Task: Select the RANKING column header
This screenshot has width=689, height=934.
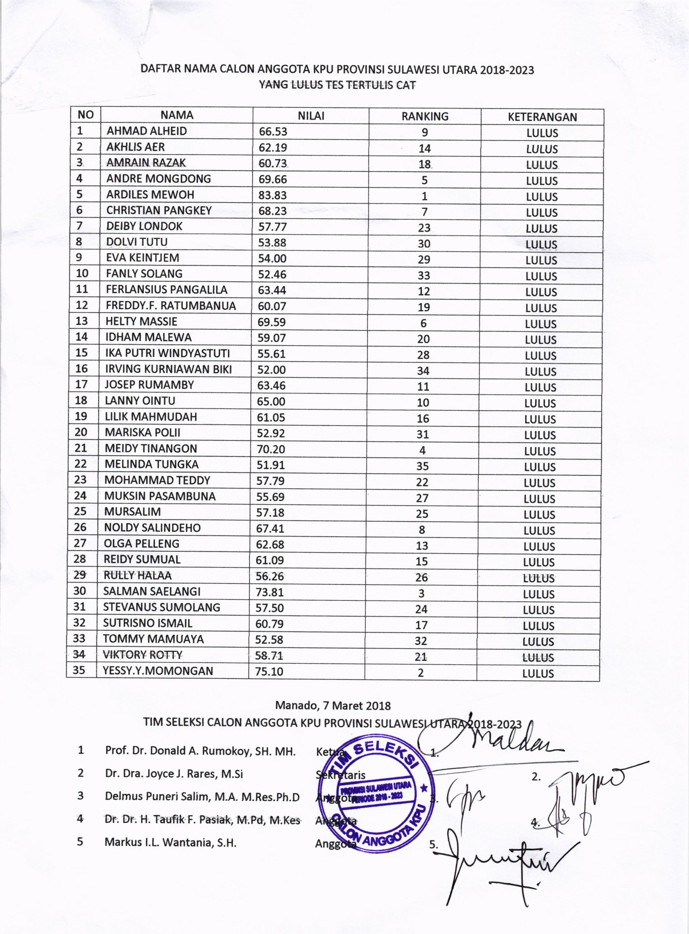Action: click(425, 116)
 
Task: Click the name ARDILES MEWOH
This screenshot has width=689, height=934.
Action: click(150, 195)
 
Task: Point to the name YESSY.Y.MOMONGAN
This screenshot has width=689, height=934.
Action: click(158, 671)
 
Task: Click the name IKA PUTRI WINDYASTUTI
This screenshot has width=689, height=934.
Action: click(167, 353)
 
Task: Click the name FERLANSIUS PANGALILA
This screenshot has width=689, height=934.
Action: click(166, 289)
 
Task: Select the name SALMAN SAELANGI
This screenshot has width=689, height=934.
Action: click(152, 591)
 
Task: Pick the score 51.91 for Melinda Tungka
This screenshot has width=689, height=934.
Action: click(271, 465)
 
